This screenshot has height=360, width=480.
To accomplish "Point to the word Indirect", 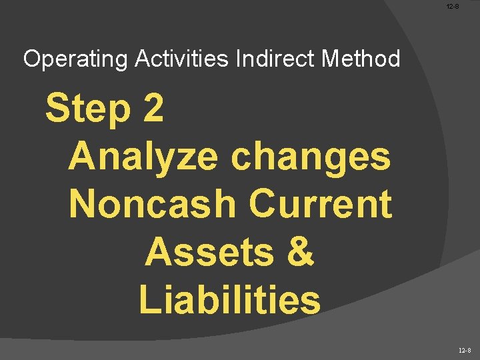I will coord(275,59).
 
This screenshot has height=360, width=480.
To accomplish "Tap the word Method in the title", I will coord(361,59).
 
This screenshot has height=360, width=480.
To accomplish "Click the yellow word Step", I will coord(87,109).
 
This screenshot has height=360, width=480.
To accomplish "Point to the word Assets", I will coord(207,252).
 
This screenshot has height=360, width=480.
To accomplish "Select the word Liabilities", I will coord(230,300).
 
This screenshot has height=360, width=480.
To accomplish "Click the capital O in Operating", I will coord(31,59).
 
